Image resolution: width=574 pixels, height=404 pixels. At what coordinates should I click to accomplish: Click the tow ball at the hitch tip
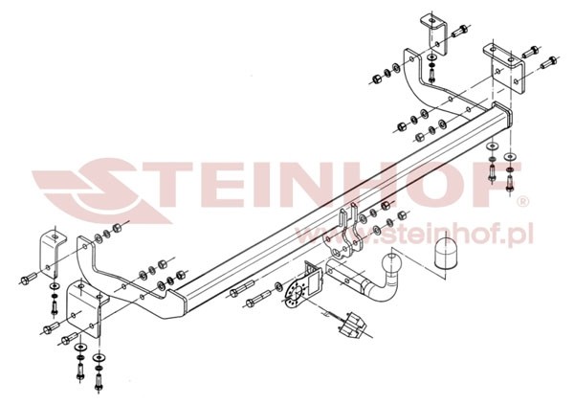pos(391,263)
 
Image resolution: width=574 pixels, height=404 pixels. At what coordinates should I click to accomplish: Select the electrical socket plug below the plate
pos(352,323)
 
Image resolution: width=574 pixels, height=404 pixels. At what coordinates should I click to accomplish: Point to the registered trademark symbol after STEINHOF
pos(524,202)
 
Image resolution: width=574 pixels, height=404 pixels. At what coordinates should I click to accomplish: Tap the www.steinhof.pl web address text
pos(413,235)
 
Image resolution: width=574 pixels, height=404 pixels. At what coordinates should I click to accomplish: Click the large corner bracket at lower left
pos(86,307)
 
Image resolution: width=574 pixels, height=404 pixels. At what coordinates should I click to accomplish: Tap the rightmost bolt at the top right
pos(548,61)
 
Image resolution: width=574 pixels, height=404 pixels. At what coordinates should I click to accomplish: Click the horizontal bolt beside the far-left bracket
pos(28,280)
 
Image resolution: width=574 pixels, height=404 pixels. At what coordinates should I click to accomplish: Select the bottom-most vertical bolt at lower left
pos(99,380)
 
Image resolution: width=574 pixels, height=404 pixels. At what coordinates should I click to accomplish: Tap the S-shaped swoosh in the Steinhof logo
pos(106,191)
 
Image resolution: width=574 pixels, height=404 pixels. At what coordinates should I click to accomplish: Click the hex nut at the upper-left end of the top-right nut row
pos(377,79)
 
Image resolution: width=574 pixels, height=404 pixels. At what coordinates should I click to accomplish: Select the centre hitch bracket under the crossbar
pos(342,235)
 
